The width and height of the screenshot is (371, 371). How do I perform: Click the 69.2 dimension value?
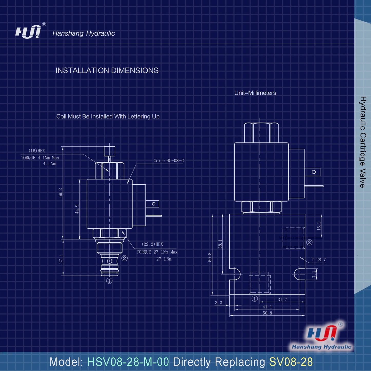[x=60, y=193]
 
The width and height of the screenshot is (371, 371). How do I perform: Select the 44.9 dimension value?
[x=77, y=209]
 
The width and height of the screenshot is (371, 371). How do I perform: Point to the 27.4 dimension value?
[x=61, y=259]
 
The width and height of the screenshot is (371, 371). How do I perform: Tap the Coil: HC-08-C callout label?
[x=168, y=160]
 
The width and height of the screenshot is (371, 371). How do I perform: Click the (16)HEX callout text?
[x=37, y=151]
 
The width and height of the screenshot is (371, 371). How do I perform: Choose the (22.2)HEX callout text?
[x=152, y=244]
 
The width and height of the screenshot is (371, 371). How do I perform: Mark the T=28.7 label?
[x=319, y=260]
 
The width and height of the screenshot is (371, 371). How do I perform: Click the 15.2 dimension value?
[x=319, y=226]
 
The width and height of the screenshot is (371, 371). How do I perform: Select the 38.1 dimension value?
[x=220, y=244]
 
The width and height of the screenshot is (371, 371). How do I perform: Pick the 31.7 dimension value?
[x=282, y=300]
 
